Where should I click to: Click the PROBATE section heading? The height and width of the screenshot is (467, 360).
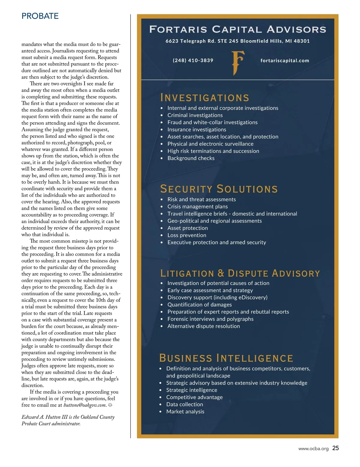[x=40, y=16]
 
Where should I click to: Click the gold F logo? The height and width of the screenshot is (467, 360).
[x=238, y=63]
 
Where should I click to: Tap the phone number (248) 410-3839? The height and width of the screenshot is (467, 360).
[x=193, y=60]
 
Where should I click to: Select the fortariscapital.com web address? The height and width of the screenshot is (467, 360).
[x=285, y=61]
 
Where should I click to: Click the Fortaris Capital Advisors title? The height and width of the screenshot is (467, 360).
[x=238, y=29]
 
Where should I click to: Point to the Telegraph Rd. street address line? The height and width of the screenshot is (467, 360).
[x=238, y=41]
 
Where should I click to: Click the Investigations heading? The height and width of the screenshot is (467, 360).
[x=205, y=98]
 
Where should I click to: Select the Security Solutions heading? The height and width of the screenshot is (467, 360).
[x=219, y=189]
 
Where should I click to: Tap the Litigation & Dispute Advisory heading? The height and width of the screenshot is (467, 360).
[x=240, y=273]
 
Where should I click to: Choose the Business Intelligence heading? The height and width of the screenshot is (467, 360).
[x=226, y=358]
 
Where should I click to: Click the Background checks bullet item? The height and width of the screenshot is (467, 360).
[x=191, y=158]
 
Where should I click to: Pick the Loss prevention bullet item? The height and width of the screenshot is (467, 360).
[x=187, y=235]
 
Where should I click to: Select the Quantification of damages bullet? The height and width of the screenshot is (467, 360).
[x=199, y=305]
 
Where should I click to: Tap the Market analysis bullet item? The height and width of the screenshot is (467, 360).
[x=185, y=412]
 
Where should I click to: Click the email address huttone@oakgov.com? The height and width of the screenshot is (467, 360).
[x=85, y=405]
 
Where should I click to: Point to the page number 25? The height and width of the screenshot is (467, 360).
[x=336, y=448]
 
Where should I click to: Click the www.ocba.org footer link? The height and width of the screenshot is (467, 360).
[x=313, y=449]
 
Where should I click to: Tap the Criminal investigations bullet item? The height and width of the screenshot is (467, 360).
[x=195, y=115]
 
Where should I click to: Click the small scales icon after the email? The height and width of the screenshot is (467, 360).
[x=110, y=405]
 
